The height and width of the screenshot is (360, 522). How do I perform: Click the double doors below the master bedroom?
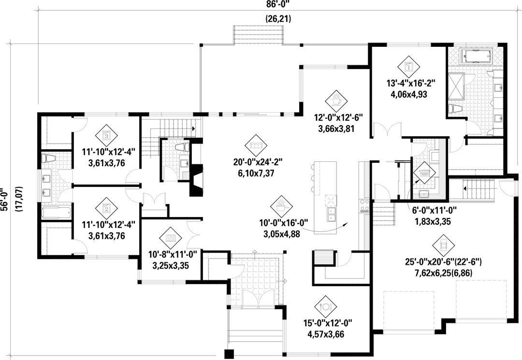pyautogui.click(x=389, y=130)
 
